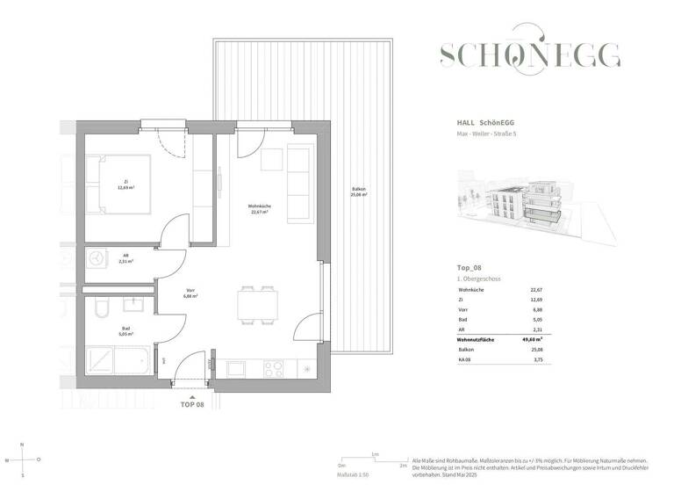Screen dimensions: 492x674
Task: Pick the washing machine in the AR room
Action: pyautogui.click(x=96, y=258)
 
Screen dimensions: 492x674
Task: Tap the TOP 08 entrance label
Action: pyautogui.click(x=192, y=405)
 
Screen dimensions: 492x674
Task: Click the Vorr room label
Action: pyautogui.click(x=189, y=294)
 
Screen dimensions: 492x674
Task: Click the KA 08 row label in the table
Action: pyautogui.click(x=465, y=358)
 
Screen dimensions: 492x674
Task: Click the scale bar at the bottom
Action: pyautogui.click(x=375, y=463)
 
